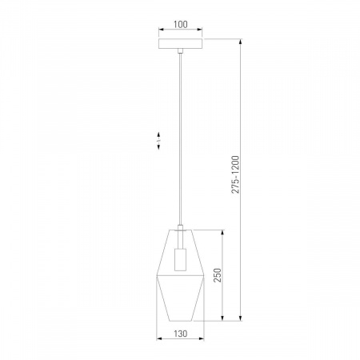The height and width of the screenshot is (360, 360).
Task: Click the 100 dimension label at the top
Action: pyautogui.click(x=181, y=24)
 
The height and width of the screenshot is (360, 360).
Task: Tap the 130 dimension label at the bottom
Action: pyautogui.click(x=181, y=334)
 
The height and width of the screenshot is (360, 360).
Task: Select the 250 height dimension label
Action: pyautogui.click(x=218, y=275)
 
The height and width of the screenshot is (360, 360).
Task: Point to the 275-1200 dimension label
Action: pyautogui.click(x=235, y=174)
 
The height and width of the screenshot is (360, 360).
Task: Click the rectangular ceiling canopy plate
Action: pyautogui.click(x=181, y=44)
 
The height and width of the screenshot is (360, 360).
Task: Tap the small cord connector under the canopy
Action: pyautogui.click(x=181, y=51)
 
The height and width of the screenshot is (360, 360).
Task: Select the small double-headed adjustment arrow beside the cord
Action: pyautogui.click(x=158, y=141)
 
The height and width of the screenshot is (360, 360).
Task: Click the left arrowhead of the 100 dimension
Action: pyautogui.click(x=161, y=30)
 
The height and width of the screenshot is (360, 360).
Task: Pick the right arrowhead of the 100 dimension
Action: pyautogui.click(x=200, y=30)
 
